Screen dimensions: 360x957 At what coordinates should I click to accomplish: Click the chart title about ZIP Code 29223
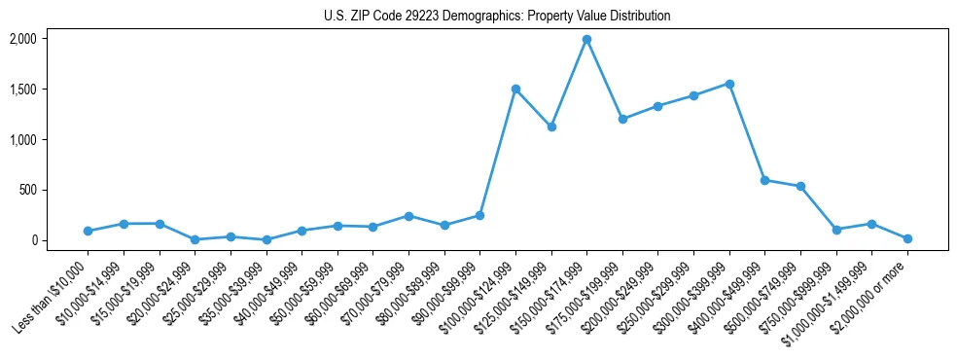(x=497, y=17)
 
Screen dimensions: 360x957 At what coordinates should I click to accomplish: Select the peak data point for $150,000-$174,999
(x=586, y=40)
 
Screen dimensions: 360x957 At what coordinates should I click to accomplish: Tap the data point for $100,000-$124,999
(x=515, y=89)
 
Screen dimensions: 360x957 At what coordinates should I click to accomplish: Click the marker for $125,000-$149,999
(x=551, y=126)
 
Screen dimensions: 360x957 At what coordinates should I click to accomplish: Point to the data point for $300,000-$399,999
(x=729, y=84)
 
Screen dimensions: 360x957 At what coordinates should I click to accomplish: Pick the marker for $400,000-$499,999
(x=764, y=180)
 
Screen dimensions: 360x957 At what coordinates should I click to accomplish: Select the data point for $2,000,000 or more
(x=907, y=238)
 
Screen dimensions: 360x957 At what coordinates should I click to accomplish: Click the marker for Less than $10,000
(x=88, y=231)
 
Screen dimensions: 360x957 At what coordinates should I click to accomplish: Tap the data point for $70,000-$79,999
(x=408, y=216)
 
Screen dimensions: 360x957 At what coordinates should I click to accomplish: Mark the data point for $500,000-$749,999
(x=800, y=186)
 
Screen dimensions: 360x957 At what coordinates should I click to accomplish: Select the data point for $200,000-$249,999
(x=658, y=106)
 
